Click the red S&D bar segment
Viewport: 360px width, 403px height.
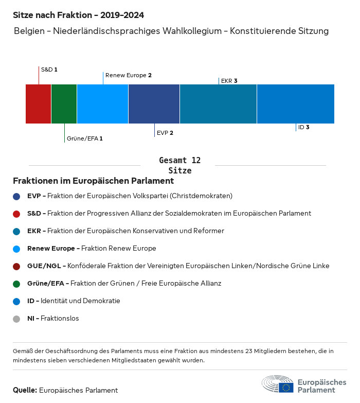39,104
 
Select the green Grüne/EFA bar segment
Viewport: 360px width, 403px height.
64,104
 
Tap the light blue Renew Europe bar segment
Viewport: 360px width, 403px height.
103,104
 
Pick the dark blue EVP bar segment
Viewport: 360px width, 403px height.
154,104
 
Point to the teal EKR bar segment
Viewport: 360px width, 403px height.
219,104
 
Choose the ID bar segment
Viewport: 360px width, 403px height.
296,104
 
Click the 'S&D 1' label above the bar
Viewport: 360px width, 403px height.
49,69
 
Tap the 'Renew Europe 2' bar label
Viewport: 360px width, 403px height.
129,75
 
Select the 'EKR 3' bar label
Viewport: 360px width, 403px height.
229,81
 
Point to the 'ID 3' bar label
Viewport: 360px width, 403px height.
304,127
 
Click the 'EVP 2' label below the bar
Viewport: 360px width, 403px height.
165,133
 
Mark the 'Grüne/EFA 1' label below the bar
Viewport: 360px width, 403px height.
85,138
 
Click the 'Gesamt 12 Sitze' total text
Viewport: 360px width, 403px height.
180,165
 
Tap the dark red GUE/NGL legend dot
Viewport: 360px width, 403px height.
16,266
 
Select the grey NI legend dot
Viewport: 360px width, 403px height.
16,319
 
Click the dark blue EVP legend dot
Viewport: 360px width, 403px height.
16,196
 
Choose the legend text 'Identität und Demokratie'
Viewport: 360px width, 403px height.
80,301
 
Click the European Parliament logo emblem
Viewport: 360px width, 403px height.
278,384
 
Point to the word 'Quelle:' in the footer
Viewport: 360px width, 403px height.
25,390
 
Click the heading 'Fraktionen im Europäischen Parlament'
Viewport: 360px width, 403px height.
93,181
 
